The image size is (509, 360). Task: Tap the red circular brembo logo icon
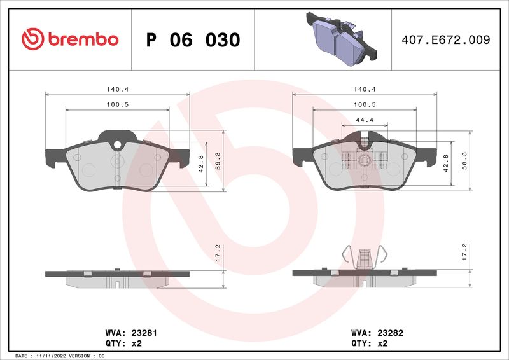pos(32,39)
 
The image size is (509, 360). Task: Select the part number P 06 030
pos(193,40)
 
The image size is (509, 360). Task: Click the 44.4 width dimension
pos(365,120)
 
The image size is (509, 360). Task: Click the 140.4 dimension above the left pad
pos(118,90)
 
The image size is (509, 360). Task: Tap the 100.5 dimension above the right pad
pos(365,104)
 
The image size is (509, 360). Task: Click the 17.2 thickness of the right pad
pos(465,253)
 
